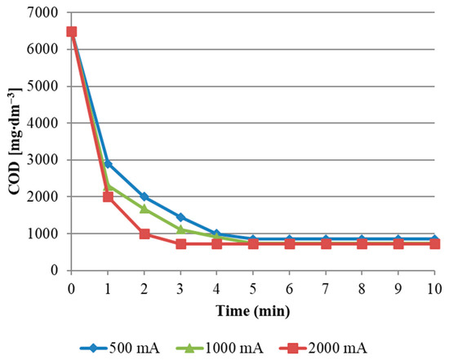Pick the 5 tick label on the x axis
[253, 288]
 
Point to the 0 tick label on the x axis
[72, 288]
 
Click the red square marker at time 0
[72, 32]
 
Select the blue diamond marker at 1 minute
[108, 164]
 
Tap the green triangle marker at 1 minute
[108, 186]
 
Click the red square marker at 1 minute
[108, 197]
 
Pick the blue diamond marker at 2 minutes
[144, 197]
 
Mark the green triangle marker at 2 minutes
[144, 208]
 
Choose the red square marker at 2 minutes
[144, 233]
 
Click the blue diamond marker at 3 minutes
[180, 217]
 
